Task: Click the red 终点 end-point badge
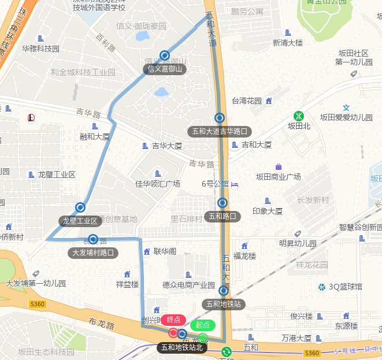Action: (173, 320)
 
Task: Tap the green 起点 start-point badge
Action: (202, 325)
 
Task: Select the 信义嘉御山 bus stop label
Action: (165, 69)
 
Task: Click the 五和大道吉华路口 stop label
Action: (220, 131)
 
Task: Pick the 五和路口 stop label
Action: (222, 217)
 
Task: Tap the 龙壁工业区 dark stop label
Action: (80, 221)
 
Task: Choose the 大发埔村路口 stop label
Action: (93, 253)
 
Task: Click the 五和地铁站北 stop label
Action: (182, 347)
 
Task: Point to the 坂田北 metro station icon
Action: (299, 116)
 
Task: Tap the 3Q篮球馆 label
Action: (345, 287)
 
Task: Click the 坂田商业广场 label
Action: (279, 176)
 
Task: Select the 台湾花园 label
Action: (247, 101)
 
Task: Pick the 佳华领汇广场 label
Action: (158, 184)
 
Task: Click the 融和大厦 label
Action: (95, 136)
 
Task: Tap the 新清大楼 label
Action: (288, 42)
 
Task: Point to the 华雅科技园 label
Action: (41, 49)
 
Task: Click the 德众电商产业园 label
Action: (189, 284)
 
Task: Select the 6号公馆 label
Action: (216, 184)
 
